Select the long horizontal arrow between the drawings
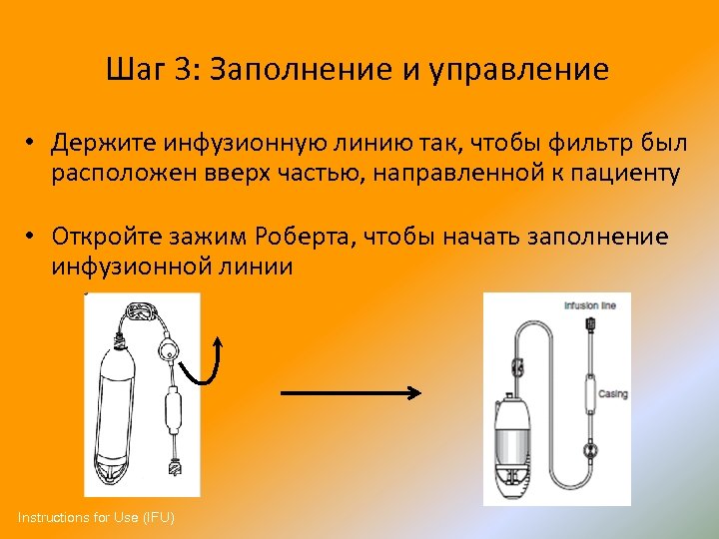pyautogui.click(x=352, y=394)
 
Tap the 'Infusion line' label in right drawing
pyautogui.click(x=596, y=305)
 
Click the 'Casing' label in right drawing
pyautogui.click(x=613, y=394)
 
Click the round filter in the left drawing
pyautogui.click(x=171, y=350)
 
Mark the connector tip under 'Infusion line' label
pyautogui.click(x=591, y=325)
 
